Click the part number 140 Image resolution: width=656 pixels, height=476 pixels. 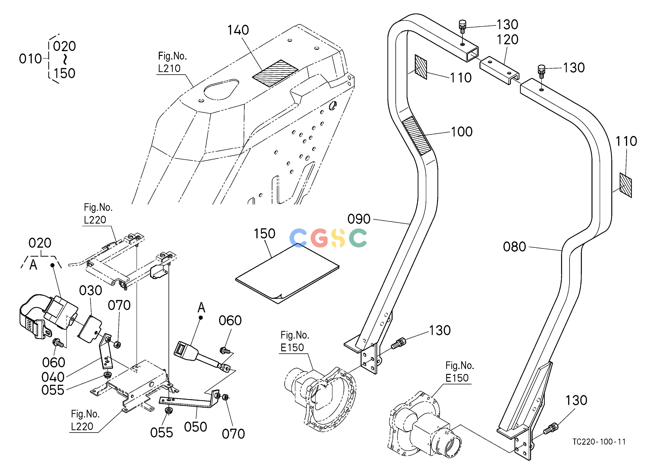238,30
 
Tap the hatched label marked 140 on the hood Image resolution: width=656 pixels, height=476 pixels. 275,73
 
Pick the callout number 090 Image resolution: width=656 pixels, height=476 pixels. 359,219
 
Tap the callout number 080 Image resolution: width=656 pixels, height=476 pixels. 514,247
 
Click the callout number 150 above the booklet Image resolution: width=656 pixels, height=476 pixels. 264,233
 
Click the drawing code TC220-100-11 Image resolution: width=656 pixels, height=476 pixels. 599,442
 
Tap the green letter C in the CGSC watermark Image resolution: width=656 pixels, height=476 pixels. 358,238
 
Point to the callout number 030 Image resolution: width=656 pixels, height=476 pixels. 91,290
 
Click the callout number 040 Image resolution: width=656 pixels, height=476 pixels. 53,377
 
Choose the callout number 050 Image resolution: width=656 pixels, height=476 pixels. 196,427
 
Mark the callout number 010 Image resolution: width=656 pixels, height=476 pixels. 30,59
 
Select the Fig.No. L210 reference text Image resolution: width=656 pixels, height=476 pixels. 172,62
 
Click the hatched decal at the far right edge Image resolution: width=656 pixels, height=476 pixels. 626,185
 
